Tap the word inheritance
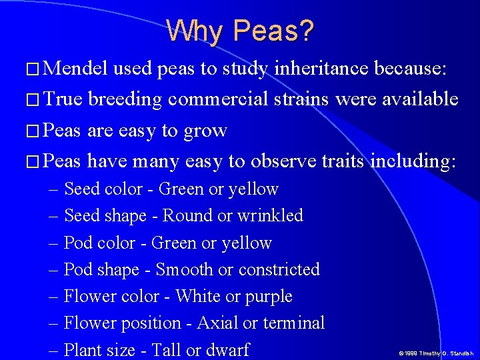point(319,68)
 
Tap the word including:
point(413,161)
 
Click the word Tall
point(165,350)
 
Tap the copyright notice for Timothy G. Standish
point(436,353)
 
